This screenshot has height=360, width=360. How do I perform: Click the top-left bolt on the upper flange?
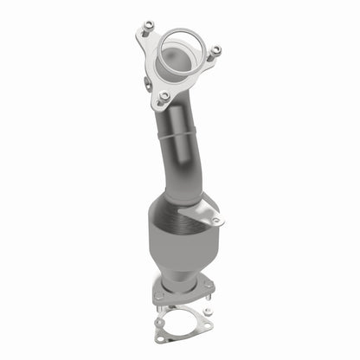149,25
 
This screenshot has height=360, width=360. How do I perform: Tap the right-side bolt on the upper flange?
215,51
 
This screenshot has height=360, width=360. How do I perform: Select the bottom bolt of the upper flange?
164,95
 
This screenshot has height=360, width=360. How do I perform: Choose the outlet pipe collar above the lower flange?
179,281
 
